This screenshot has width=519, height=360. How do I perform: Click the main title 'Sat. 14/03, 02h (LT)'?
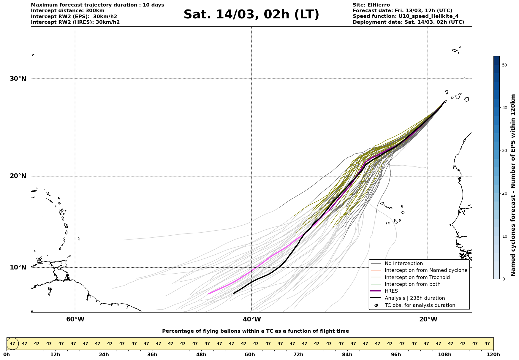(x=251, y=15)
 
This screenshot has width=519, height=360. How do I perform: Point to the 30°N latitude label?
(x=18, y=79)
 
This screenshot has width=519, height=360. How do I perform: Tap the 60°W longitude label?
(x=75, y=319)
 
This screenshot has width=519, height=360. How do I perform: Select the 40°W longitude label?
(x=252, y=319)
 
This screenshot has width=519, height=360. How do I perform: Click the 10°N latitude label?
(x=18, y=267)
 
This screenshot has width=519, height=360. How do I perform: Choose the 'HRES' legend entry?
(x=391, y=291)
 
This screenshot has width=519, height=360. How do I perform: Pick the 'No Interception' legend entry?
(x=404, y=264)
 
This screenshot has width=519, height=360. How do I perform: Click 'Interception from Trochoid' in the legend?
(x=417, y=277)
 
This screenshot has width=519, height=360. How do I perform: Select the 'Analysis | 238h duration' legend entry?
(x=414, y=298)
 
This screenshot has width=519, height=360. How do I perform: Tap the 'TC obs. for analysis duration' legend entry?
(x=420, y=305)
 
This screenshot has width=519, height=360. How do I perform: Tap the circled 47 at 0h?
(x=12, y=344)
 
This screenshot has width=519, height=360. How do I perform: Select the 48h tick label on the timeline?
(x=201, y=355)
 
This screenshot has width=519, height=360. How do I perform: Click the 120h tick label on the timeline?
(x=493, y=355)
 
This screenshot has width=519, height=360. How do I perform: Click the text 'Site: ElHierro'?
(x=371, y=5)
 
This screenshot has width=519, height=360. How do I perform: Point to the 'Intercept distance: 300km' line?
(x=67, y=11)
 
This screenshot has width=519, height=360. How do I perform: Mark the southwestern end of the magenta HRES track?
(x=209, y=294)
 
